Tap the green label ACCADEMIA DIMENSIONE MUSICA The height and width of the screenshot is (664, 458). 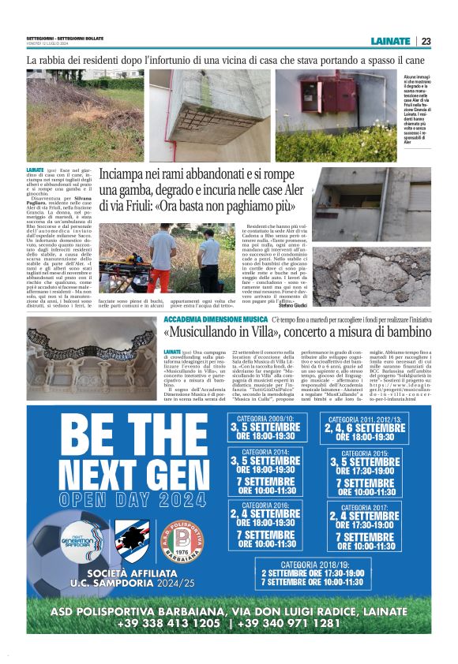coord(205,318)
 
